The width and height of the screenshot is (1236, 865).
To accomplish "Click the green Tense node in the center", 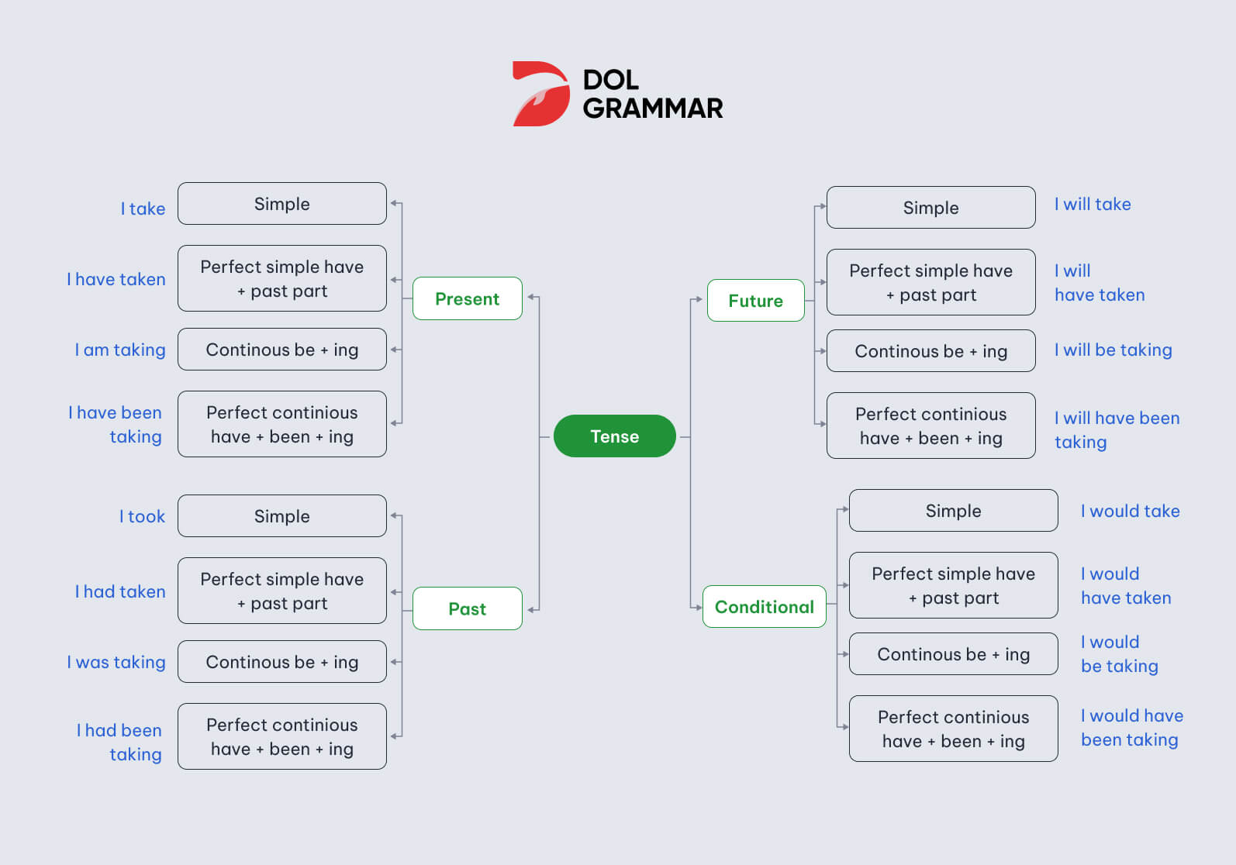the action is pos(615,436).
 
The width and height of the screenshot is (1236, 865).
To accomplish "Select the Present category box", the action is pos(468,298).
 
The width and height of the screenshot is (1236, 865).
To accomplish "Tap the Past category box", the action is pos(468,608).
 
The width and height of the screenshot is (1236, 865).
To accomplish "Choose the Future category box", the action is pos(756,301).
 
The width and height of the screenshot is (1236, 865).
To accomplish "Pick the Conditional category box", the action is pos(765,606).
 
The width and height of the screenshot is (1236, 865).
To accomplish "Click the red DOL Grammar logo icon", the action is pos(540,94).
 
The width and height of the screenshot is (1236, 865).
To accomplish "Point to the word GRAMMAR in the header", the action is pos(653,109).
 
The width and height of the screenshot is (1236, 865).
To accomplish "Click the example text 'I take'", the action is pos(143,208).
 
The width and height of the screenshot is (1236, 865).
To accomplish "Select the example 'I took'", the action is pos(143,516).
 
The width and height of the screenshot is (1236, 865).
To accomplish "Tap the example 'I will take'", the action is pos(1093,204).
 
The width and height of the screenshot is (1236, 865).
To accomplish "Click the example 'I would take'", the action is pos(1130,511).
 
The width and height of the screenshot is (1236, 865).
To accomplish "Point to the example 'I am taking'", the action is pos(120,350).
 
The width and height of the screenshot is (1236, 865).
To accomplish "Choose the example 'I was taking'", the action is pos(116,662).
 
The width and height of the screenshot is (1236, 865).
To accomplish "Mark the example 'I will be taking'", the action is pos(1113,350).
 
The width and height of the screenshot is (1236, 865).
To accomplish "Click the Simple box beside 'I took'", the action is pos(282,515).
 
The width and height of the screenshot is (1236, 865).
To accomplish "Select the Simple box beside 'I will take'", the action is pos(930,208).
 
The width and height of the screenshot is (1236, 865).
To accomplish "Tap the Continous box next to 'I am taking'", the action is pos(282,350).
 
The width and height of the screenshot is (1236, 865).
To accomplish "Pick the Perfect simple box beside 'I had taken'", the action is pos(282,591).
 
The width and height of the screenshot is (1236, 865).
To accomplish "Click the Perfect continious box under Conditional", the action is pos(954,729).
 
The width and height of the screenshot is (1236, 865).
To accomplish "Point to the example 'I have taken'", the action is pos(116,279).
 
